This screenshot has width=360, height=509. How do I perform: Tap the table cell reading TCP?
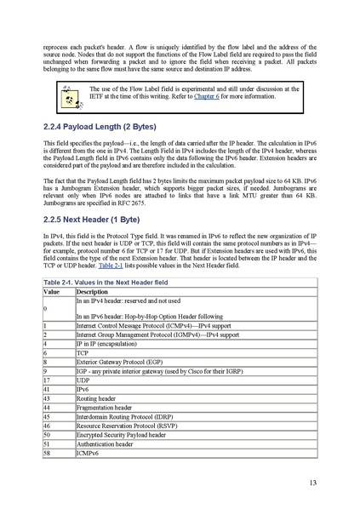pos(83,352)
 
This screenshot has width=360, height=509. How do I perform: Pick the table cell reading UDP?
pos(83,379)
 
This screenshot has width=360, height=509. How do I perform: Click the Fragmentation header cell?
pos(105,407)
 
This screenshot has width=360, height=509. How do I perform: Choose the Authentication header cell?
pos(105,444)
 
